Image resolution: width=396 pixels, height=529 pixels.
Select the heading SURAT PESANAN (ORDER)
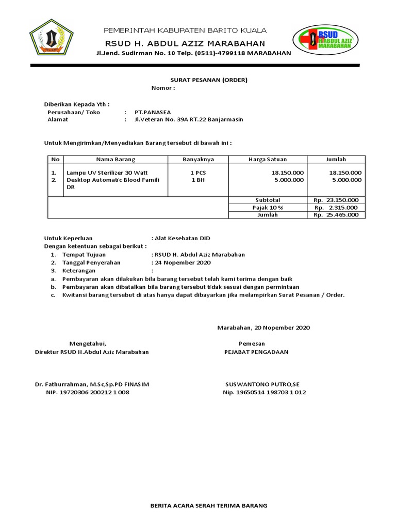pyautogui.click(x=209, y=80)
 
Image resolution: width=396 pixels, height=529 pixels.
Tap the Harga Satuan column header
pyautogui.click(x=268, y=160)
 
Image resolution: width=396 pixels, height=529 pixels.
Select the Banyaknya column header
pyautogui.click(x=198, y=160)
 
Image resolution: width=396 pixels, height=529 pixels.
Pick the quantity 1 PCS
pyautogui.click(x=199, y=173)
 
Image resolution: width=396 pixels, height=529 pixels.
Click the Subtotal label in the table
pyautogui.click(x=268, y=200)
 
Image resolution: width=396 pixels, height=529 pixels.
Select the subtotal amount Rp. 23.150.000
pyautogui.click(x=336, y=200)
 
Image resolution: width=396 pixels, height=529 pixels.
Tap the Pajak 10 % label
pyautogui.click(x=268, y=208)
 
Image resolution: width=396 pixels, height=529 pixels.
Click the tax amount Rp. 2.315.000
pyautogui.click(x=336, y=208)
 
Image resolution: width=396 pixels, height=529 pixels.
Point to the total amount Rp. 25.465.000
pyautogui.click(x=336, y=215)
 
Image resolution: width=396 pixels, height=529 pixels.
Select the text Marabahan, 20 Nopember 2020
pyautogui.click(x=263, y=328)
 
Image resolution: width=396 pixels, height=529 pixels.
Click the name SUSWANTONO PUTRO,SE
pyautogui.click(x=262, y=385)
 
